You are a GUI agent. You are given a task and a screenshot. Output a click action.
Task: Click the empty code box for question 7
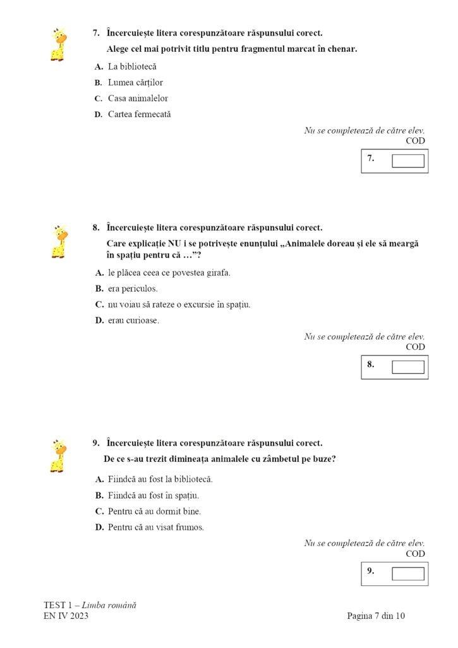[407, 161]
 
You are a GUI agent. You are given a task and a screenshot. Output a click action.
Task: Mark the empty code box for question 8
[407, 367]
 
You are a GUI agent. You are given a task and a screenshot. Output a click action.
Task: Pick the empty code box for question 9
[407, 573]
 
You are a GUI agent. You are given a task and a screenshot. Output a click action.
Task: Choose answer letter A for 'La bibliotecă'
[99, 66]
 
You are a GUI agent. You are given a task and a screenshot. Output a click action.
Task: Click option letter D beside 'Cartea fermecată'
[99, 115]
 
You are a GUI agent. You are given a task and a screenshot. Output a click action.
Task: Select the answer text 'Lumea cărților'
[135, 82]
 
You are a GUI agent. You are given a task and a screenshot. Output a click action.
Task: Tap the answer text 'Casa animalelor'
[138, 98]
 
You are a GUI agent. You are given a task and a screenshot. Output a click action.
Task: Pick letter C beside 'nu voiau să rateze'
[99, 304]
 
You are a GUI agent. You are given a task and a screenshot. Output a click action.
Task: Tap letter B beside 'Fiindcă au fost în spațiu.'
[99, 495]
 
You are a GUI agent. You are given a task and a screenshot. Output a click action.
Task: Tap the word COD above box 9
[415, 554]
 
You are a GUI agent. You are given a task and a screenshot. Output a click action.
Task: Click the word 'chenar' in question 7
[342, 49]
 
